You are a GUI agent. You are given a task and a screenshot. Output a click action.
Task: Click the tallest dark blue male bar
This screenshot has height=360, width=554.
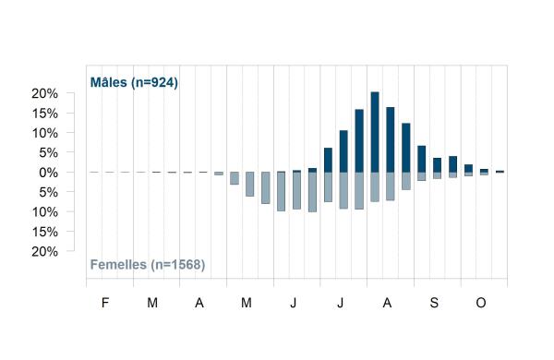tap(375, 132)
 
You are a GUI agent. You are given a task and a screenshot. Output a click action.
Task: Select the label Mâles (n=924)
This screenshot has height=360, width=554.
tap(134, 83)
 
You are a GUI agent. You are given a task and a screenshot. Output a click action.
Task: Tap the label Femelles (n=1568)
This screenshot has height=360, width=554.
tap(148, 265)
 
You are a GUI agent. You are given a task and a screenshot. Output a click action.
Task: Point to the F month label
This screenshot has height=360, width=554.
tap(105, 303)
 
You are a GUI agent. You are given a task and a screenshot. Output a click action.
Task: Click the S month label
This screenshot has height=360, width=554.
tap(434, 303)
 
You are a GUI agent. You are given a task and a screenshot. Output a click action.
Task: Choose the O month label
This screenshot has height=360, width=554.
tap(481, 303)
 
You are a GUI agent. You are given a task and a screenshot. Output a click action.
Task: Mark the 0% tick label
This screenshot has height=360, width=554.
tap(48, 173)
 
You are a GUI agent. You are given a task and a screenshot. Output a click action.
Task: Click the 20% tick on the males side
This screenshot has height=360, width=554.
tap(44, 93)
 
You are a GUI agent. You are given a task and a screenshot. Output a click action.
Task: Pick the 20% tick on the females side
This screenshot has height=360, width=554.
tap(44, 252)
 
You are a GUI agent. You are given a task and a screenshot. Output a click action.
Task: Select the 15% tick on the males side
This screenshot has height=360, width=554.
tap(44, 114)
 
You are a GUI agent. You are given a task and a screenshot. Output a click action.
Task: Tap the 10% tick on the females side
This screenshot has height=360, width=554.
tap(44, 212)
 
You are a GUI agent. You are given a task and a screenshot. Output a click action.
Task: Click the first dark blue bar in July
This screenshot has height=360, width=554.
tap(328, 160)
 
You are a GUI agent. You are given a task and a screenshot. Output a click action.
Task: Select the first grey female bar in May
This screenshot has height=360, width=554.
tap(235, 178)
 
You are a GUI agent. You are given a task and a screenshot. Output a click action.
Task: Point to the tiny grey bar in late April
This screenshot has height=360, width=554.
tap(219, 174)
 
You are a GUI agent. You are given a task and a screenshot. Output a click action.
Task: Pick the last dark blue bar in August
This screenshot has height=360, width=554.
tap(406, 148)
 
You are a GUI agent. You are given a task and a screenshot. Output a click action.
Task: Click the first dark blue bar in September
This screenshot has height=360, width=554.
tap(422, 159)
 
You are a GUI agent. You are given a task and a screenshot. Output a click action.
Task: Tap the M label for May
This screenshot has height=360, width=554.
tap(247, 303)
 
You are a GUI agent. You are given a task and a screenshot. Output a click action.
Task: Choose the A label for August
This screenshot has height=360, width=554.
tap(387, 303)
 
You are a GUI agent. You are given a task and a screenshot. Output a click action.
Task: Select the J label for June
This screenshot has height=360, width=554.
tap(294, 303)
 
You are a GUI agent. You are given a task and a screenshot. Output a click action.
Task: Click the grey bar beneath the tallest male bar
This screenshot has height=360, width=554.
tap(375, 186)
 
